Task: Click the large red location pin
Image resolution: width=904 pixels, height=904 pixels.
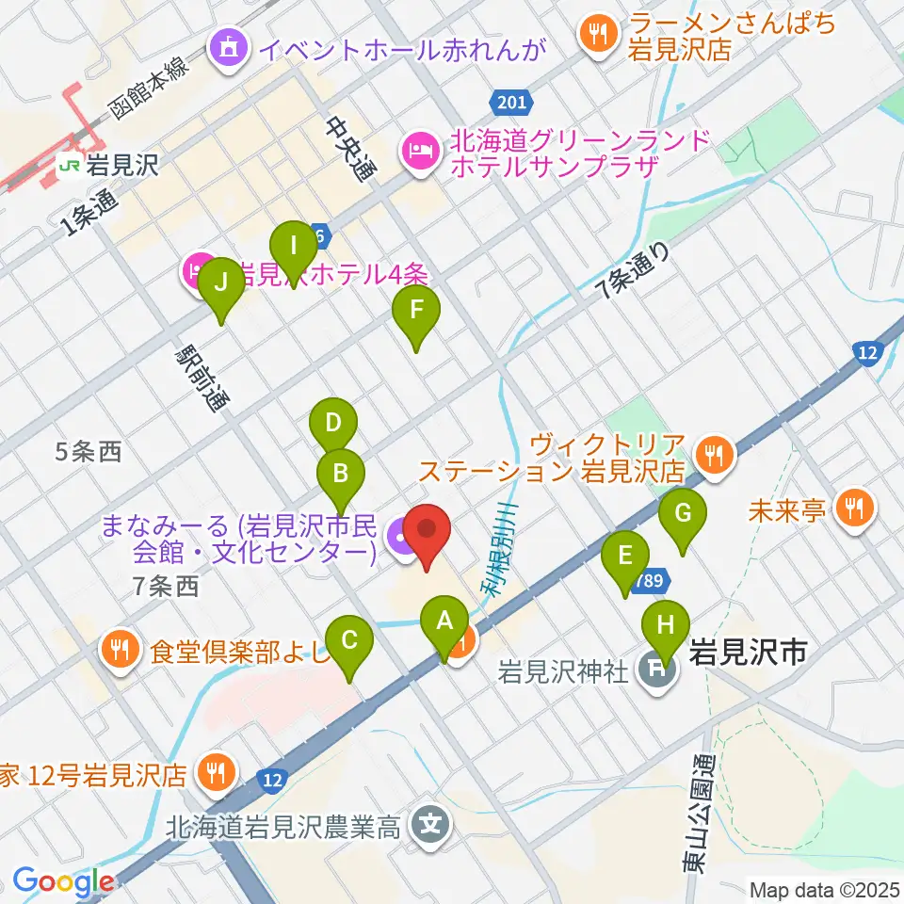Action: pyautogui.click(x=429, y=531)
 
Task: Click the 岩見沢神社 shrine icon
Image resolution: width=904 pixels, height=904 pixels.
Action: pyautogui.click(x=654, y=672)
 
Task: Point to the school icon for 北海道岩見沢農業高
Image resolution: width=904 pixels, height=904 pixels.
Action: pyautogui.click(x=431, y=827)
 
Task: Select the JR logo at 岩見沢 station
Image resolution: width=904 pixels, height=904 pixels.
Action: pyautogui.click(x=69, y=167)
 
